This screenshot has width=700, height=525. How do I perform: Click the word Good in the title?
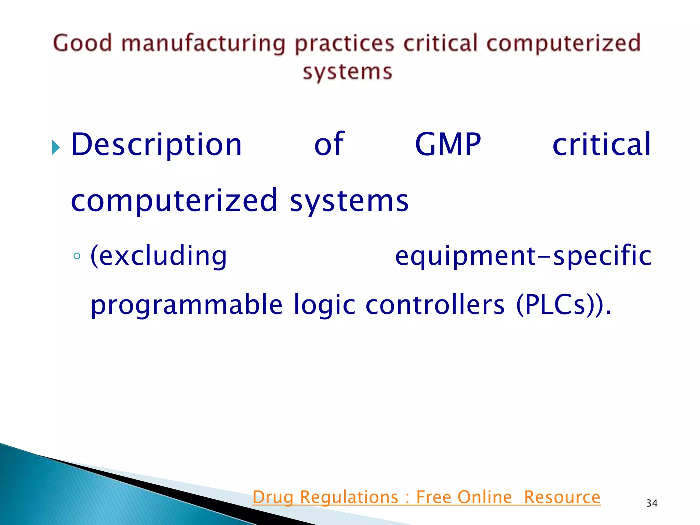click(x=82, y=43)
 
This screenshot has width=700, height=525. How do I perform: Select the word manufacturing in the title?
click(x=203, y=44)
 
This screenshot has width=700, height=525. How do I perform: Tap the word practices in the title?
click(x=345, y=44)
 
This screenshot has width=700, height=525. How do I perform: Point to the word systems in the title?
click(x=347, y=72)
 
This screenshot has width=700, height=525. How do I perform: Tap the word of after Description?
click(x=329, y=144)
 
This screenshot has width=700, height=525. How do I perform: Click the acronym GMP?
click(x=448, y=145)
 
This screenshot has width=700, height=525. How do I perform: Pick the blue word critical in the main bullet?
click(x=602, y=145)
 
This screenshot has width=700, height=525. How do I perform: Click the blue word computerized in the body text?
click(x=174, y=201)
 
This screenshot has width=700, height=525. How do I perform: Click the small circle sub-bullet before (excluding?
click(x=77, y=256)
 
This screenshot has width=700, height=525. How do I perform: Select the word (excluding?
click(x=158, y=256)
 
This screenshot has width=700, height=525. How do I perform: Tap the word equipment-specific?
click(x=523, y=256)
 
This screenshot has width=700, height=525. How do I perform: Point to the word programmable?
click(x=187, y=305)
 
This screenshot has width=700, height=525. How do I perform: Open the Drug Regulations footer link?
click(x=426, y=497)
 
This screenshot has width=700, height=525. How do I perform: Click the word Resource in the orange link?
click(x=562, y=497)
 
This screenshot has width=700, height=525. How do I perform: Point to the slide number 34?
click(x=651, y=503)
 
